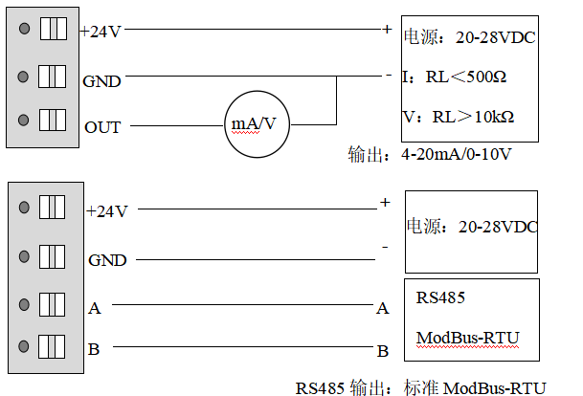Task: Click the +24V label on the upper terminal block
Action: (100, 31)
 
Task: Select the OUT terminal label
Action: (102, 126)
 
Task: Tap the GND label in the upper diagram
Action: (101, 81)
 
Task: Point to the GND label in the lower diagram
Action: (107, 259)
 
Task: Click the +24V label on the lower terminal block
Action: (106, 211)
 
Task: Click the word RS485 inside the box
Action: (440, 298)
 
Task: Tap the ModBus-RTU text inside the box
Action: (466, 339)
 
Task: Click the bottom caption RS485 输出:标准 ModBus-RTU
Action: (420, 387)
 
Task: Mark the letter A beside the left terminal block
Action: (94, 308)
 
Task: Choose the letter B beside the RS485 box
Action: (382, 351)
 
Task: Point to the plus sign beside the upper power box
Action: (387, 29)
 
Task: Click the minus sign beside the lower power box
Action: (384, 247)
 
